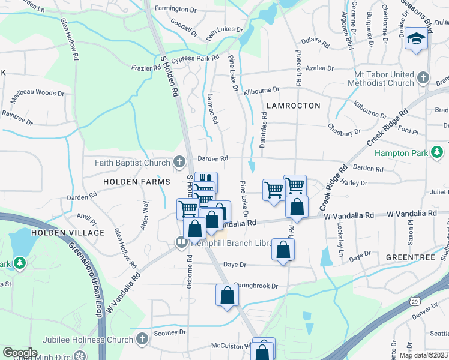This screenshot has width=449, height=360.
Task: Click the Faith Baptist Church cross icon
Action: click(x=179, y=163)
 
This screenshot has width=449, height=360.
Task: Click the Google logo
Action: click(x=20, y=353)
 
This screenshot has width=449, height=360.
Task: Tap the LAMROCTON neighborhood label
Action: click(x=291, y=105)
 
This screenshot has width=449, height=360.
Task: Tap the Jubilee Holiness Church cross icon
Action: click(x=142, y=340)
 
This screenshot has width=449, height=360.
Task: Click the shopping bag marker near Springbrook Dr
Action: click(x=226, y=295)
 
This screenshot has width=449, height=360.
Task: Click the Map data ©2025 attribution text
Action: click(x=424, y=355)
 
